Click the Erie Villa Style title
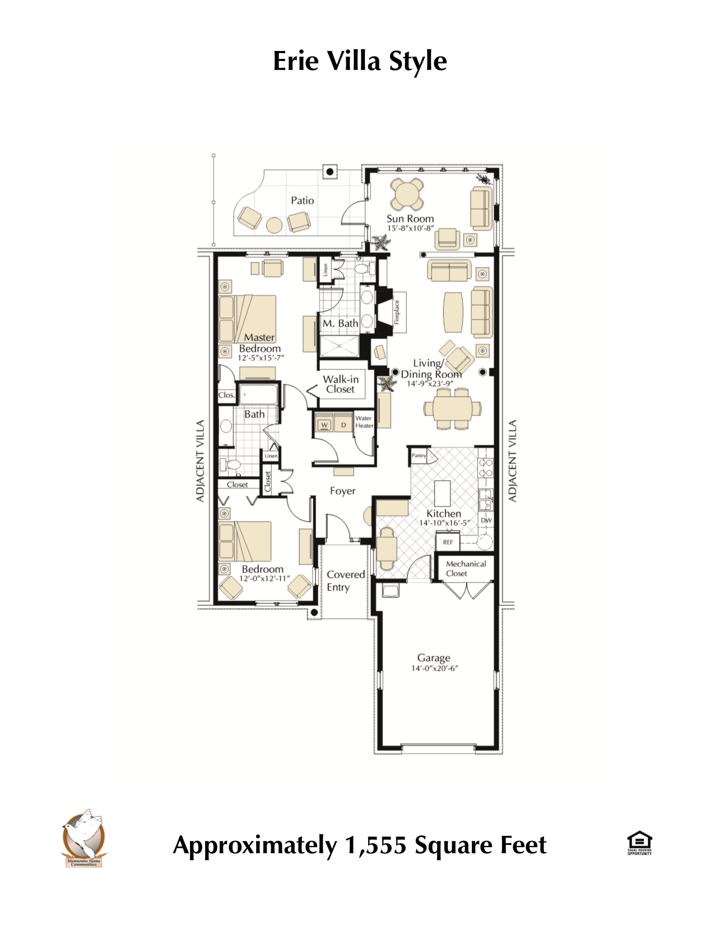click(x=359, y=61)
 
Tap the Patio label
click(x=302, y=201)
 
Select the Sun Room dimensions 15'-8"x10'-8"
click(x=410, y=228)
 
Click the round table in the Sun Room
click(x=407, y=194)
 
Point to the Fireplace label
click(x=397, y=312)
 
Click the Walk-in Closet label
click(x=341, y=384)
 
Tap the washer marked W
click(x=324, y=425)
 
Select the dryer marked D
click(x=343, y=425)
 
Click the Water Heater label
click(x=364, y=422)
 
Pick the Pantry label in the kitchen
click(x=419, y=455)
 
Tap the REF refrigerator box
click(x=448, y=542)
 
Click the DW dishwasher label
click(x=486, y=520)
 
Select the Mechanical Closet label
click(x=465, y=568)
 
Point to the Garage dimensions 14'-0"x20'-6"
click(x=434, y=668)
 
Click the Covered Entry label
click(x=345, y=580)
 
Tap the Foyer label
click(x=342, y=491)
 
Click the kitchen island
click(x=443, y=494)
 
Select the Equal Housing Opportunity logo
click(x=639, y=843)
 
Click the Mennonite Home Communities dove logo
click(x=84, y=837)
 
